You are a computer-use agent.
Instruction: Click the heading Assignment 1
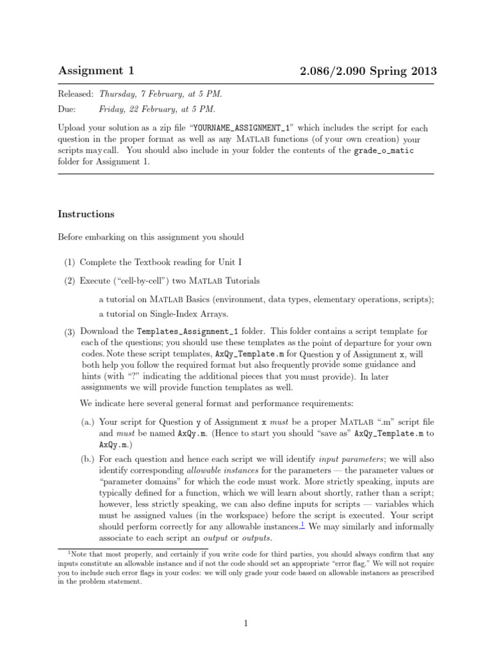tap(96, 71)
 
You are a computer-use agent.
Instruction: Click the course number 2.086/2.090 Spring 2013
tap(368, 71)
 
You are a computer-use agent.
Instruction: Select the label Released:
tap(76, 94)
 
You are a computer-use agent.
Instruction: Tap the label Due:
tap(67, 110)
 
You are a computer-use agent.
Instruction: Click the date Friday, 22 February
tap(137, 110)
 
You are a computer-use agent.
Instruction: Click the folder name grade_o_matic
tap(384, 151)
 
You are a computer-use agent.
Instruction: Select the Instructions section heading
tap(86, 214)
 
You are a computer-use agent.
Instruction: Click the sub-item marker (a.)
tap(88, 422)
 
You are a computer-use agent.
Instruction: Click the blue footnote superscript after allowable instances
tap(303, 525)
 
